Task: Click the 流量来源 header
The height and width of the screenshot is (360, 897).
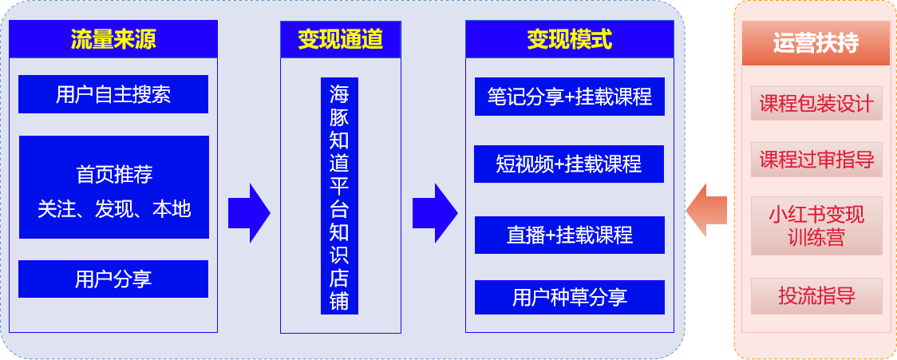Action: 113,39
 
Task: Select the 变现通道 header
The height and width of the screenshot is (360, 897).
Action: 341,39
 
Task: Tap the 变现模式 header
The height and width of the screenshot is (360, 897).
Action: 570,39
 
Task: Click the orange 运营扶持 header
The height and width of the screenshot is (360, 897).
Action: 816,43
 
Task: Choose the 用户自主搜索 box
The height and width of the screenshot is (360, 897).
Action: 113,94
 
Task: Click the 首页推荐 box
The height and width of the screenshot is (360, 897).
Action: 114,187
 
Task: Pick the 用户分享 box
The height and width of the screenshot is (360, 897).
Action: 113,279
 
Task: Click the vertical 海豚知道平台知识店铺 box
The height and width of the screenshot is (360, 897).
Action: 339,196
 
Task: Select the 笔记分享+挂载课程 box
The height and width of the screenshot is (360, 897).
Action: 570,96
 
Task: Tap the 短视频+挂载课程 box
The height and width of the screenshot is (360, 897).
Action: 569,164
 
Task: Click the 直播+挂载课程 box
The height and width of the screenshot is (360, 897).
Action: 570,235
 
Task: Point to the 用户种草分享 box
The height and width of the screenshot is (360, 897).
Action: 570,297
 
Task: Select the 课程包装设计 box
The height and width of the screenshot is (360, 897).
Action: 817,104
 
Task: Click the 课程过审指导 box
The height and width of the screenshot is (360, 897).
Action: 817,159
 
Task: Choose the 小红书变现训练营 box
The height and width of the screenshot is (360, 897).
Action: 817,226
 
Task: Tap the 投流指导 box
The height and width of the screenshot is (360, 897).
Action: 817,296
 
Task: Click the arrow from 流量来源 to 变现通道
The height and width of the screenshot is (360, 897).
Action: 249,213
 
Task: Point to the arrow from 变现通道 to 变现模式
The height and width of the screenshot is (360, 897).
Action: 435,213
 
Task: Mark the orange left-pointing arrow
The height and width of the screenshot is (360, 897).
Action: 706,210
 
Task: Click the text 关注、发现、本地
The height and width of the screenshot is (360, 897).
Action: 114,210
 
